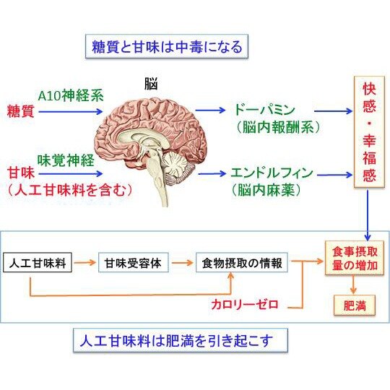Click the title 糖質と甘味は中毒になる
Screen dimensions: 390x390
167,48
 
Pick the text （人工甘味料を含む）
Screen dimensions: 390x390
70,191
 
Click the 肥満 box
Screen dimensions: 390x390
354,305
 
